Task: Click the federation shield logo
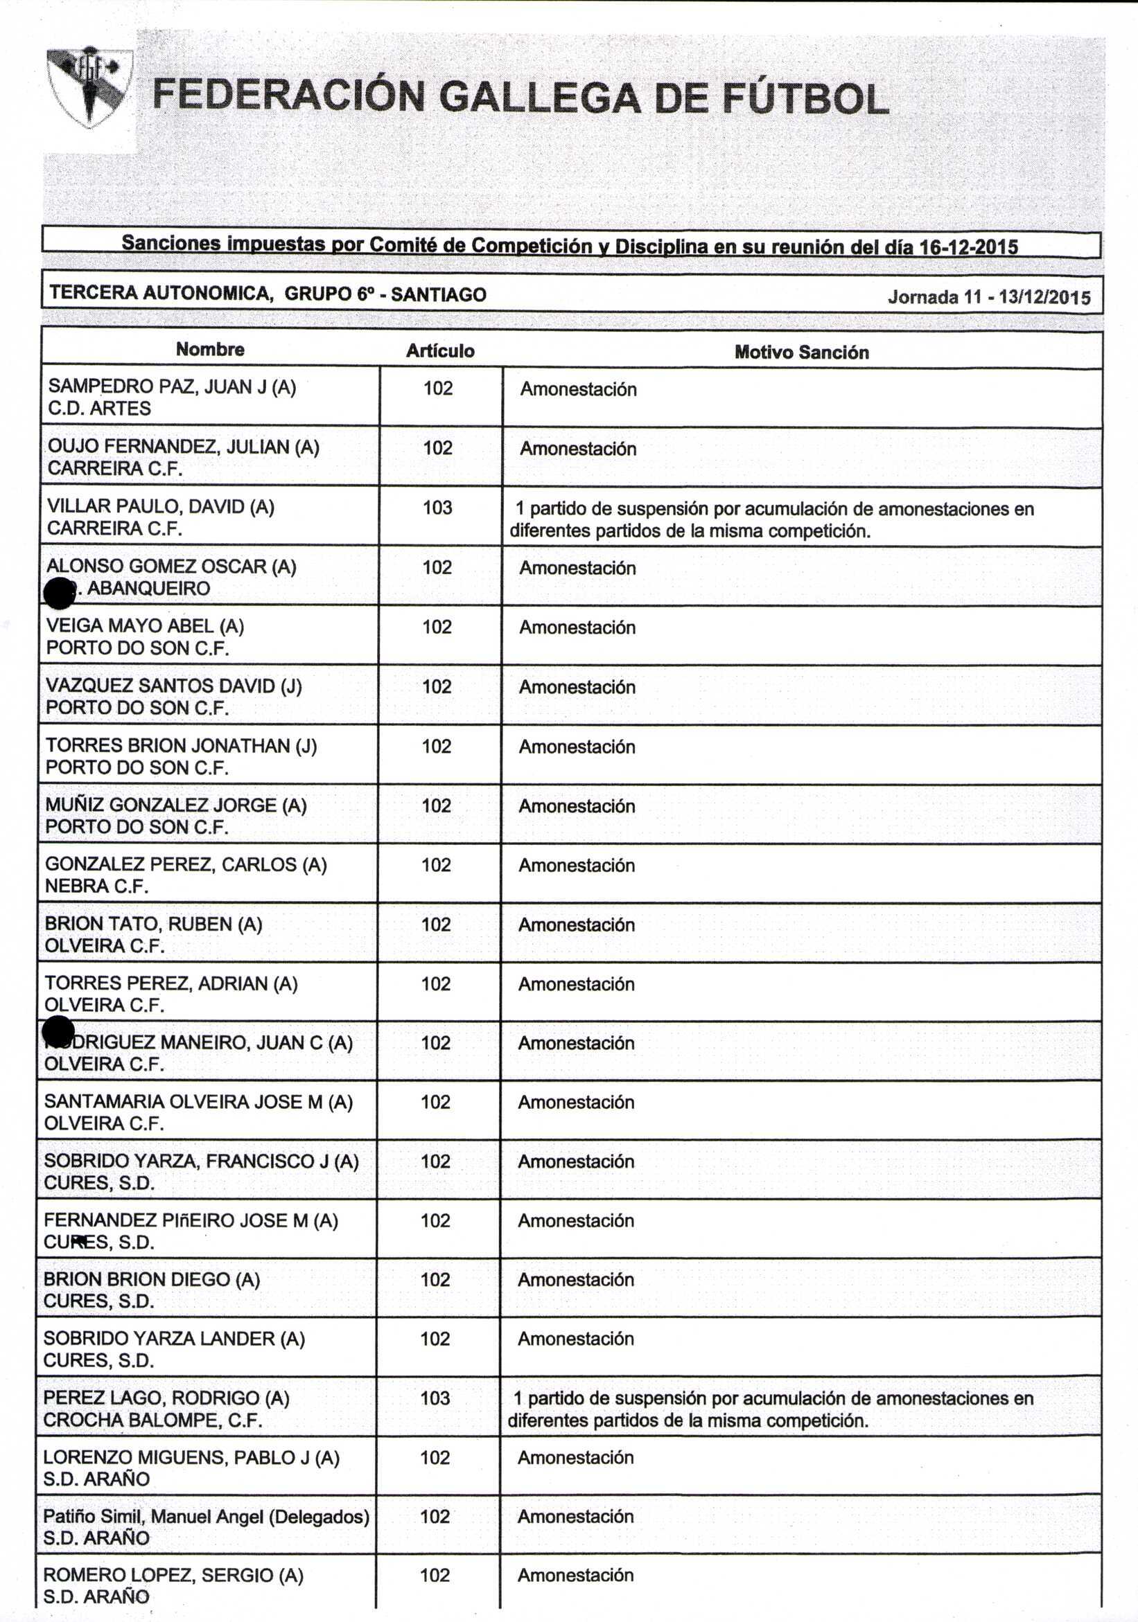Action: coord(89,87)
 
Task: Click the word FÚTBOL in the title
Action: coord(805,99)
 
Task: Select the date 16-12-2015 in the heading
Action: coord(968,247)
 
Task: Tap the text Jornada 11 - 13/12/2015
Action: coord(989,297)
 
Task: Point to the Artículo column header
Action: coord(439,351)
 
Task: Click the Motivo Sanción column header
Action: coord(801,353)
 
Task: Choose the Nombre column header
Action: coord(210,349)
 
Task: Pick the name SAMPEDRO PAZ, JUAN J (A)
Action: coord(172,386)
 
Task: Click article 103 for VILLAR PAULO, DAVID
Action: coord(437,507)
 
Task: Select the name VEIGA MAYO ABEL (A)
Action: coord(145,626)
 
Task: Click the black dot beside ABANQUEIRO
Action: coord(60,593)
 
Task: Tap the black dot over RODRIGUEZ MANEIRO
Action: coord(59,1031)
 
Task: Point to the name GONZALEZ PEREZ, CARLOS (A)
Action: coord(185,864)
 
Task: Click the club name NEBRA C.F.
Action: coord(96,886)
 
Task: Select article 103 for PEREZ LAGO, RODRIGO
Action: coord(435,1398)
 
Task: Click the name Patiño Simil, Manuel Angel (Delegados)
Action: coord(206,1516)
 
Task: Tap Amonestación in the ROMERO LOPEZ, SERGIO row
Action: coord(575,1575)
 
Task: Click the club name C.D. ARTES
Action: coord(99,409)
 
